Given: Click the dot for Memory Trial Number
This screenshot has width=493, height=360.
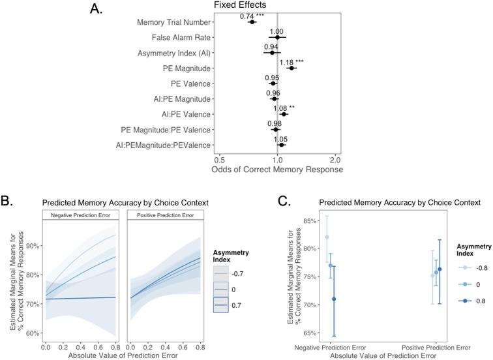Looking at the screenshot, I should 252,22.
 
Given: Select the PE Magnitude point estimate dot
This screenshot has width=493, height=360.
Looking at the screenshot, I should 291,68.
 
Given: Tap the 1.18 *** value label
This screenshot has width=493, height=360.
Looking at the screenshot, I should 291,63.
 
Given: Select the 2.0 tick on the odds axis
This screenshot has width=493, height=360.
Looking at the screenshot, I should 335,159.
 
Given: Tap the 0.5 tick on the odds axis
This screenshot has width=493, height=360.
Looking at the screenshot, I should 219,159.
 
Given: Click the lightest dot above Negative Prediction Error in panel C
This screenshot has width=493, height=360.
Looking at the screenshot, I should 327,237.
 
